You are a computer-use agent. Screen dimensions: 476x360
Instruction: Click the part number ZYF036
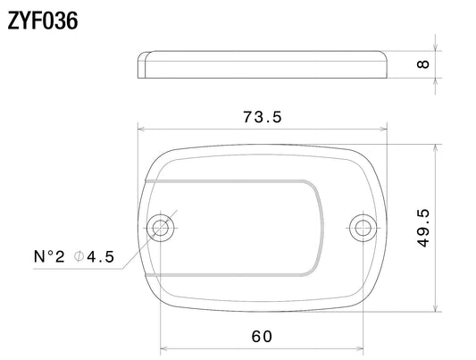[x=43, y=21]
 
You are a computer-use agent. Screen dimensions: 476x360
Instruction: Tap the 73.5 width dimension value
[x=263, y=117]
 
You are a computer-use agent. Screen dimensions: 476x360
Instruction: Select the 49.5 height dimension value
[x=423, y=228]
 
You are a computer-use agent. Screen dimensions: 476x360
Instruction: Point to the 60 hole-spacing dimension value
[x=262, y=336]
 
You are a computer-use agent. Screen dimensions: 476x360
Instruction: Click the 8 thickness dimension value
[x=423, y=64]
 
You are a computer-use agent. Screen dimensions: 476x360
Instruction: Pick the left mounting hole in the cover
[x=160, y=228]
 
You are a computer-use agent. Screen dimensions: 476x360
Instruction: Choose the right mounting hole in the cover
[x=363, y=228]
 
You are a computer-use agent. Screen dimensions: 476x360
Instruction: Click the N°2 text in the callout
[x=49, y=256]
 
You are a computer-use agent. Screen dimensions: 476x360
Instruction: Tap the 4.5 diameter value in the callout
[x=101, y=256]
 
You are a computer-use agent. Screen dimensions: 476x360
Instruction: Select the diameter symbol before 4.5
[x=79, y=256]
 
